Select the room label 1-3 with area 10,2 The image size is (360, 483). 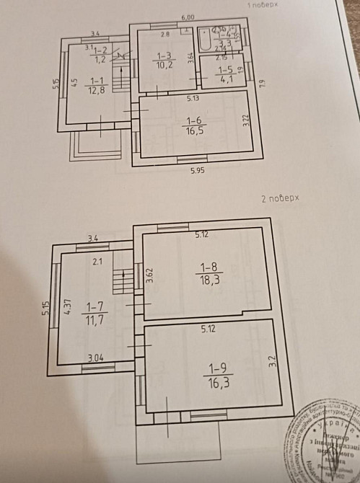pyautogui.click(x=164, y=60)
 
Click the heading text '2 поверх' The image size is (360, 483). pyautogui.click(x=279, y=197)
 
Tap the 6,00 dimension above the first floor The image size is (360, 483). pyautogui.click(x=188, y=17)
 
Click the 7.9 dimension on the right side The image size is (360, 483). pyautogui.click(x=263, y=82)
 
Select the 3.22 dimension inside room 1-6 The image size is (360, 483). pyautogui.click(x=245, y=120)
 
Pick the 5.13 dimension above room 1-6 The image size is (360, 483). pyautogui.click(x=193, y=98)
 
